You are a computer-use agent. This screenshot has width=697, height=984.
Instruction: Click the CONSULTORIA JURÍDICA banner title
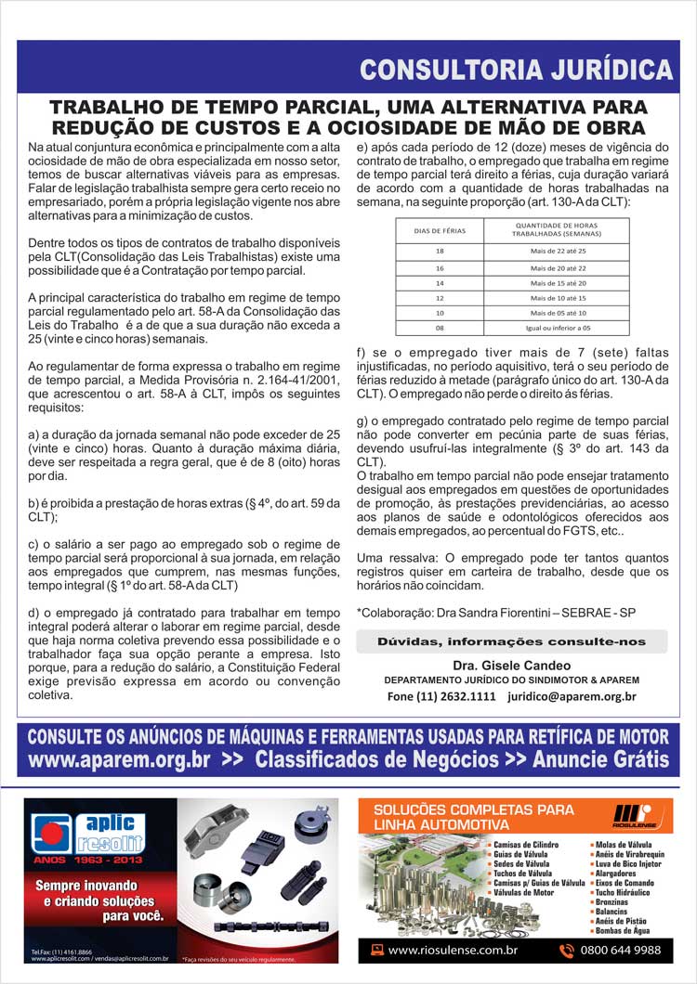pos(516,70)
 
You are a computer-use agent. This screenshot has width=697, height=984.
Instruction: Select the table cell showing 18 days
pos(440,252)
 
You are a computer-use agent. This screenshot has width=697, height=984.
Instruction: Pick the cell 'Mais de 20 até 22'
pos(558,267)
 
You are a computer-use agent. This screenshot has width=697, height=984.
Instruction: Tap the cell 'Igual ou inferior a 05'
pos(558,328)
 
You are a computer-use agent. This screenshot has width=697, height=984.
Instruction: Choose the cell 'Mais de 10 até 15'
pos(558,298)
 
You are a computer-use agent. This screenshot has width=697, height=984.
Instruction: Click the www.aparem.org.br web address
pos(120,760)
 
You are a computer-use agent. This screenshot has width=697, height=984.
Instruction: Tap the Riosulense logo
pos(635,814)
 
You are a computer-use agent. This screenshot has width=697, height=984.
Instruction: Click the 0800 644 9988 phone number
pos(621,950)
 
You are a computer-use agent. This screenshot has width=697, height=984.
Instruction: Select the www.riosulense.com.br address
pos(453,950)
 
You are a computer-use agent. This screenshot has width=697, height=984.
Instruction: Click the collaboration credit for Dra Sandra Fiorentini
pos(483,613)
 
